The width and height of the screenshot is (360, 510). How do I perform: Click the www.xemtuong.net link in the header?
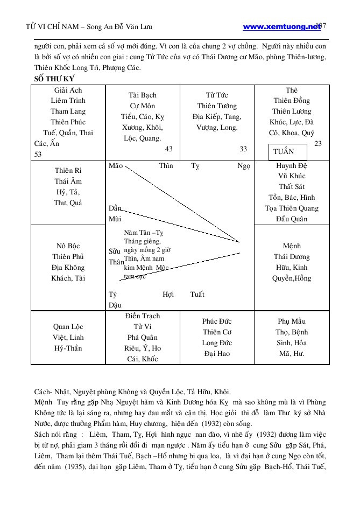tap(281, 26)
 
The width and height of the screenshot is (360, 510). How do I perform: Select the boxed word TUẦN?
tap(284, 151)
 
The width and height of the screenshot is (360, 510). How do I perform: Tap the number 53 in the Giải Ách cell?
tap(38, 155)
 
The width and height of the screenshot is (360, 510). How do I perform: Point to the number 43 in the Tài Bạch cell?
tap(168, 149)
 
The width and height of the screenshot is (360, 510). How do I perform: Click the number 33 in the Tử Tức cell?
tap(243, 149)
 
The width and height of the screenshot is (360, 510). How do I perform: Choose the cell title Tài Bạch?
tap(143, 95)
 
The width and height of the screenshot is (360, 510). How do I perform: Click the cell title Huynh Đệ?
tap(291, 166)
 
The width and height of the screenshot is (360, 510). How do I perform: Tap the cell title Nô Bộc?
tap(68, 246)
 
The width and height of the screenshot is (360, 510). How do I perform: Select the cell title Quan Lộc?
tap(68, 327)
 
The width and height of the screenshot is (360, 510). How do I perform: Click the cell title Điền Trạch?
tap(142, 316)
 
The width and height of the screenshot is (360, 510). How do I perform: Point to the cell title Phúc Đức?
tap(216, 322)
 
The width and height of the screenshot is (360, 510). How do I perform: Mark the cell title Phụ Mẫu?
tap(291, 322)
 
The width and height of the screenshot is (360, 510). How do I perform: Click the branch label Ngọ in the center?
tap(244, 166)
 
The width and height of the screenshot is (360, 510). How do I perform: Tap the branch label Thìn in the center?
tap(166, 166)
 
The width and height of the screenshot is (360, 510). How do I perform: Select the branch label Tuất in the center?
tap(197, 295)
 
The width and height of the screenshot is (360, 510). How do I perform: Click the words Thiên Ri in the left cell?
tap(68, 171)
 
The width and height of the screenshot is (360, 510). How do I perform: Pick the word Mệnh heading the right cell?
tap(291, 246)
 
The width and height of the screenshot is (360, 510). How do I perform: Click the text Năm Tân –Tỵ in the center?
tap(143, 233)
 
